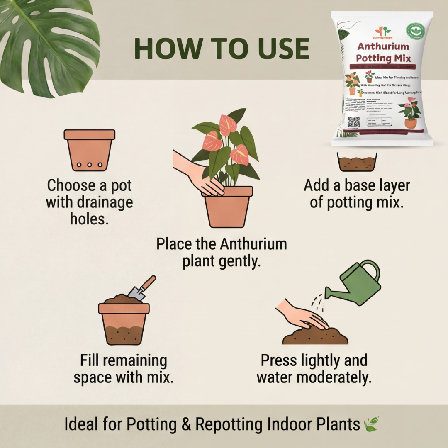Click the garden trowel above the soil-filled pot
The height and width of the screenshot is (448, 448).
[141, 289]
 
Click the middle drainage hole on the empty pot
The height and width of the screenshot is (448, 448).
[90, 165]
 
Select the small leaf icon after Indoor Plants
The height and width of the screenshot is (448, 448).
[371, 424]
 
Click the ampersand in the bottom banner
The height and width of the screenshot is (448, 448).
[185, 424]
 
